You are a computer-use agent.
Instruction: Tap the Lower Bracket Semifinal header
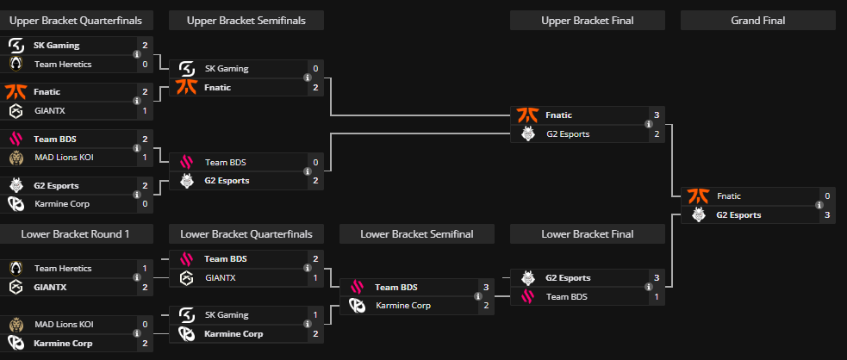pyautogui.click(x=417, y=234)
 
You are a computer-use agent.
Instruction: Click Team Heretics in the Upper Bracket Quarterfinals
pyautogui.click(x=63, y=64)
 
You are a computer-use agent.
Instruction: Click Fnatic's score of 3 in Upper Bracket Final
pyautogui.click(x=657, y=115)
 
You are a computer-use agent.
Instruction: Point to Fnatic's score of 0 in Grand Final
pyautogui.click(x=827, y=196)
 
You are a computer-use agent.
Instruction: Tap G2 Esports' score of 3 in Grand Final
pyautogui.click(x=827, y=215)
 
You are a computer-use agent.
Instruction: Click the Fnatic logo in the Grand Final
pyautogui.click(x=697, y=196)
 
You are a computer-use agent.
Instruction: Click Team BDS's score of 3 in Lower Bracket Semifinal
pyautogui.click(x=486, y=287)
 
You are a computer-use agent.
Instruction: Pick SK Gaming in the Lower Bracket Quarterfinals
pyautogui.click(x=227, y=315)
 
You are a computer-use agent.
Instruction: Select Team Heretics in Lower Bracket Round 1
pyautogui.click(x=63, y=269)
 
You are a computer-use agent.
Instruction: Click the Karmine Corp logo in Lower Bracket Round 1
pyautogui.click(x=16, y=343)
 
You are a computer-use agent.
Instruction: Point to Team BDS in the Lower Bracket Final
pyautogui.click(x=567, y=296)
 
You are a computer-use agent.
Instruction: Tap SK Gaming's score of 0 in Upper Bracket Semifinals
pyautogui.click(x=315, y=69)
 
